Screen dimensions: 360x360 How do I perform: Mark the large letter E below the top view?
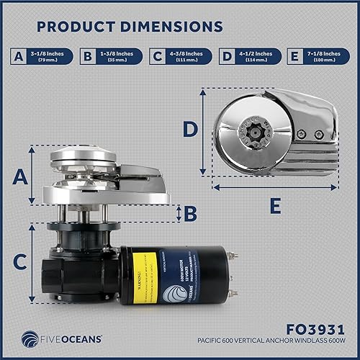tap(274, 207)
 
